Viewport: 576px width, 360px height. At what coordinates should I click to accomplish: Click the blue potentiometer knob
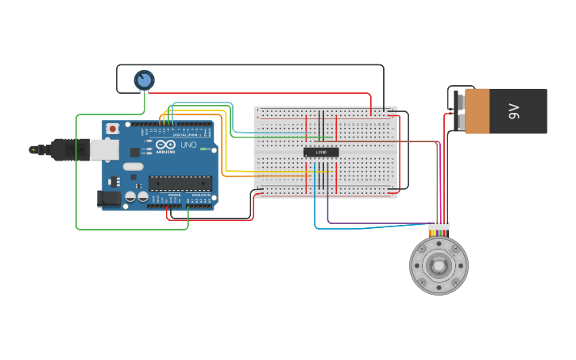[144, 79]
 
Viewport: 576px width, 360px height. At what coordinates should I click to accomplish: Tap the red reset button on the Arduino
[113, 128]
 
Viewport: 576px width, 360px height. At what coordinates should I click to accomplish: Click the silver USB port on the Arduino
[103, 149]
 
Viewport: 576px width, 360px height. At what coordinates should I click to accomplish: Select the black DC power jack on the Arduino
[108, 199]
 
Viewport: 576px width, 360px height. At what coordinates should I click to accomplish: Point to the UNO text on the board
[188, 145]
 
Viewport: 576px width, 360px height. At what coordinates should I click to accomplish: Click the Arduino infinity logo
[165, 145]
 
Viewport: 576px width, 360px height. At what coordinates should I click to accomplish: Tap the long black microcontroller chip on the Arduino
[180, 184]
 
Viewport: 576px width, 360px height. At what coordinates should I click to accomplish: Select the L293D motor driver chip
[321, 152]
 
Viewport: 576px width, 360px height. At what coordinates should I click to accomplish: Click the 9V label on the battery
[514, 111]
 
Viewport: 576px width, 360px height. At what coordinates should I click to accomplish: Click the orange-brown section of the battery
[477, 111]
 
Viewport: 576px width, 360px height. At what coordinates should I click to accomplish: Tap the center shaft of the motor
[439, 265]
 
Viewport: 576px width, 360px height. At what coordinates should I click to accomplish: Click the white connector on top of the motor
[439, 226]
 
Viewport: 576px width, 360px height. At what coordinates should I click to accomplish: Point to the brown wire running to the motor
[397, 141]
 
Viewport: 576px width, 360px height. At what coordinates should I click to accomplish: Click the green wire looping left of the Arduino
[77, 175]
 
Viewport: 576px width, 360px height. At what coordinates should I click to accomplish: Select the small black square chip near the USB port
[135, 151]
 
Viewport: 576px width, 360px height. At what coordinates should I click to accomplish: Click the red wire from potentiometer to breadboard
[262, 93]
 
